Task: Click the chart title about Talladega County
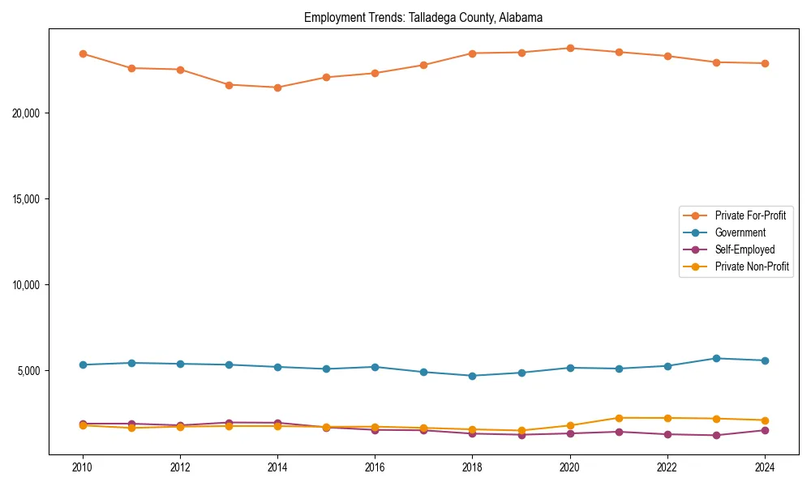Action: (423, 17)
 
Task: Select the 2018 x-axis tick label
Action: (472, 467)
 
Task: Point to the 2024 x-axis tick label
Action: (765, 467)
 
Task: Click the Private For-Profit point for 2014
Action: (277, 87)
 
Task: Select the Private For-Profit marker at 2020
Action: (570, 48)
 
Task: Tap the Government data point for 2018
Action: (472, 376)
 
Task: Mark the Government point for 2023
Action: (716, 358)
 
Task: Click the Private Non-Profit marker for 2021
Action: (619, 418)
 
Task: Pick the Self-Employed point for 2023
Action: (716, 436)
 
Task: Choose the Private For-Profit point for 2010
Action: (82, 53)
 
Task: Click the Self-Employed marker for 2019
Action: (521, 435)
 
